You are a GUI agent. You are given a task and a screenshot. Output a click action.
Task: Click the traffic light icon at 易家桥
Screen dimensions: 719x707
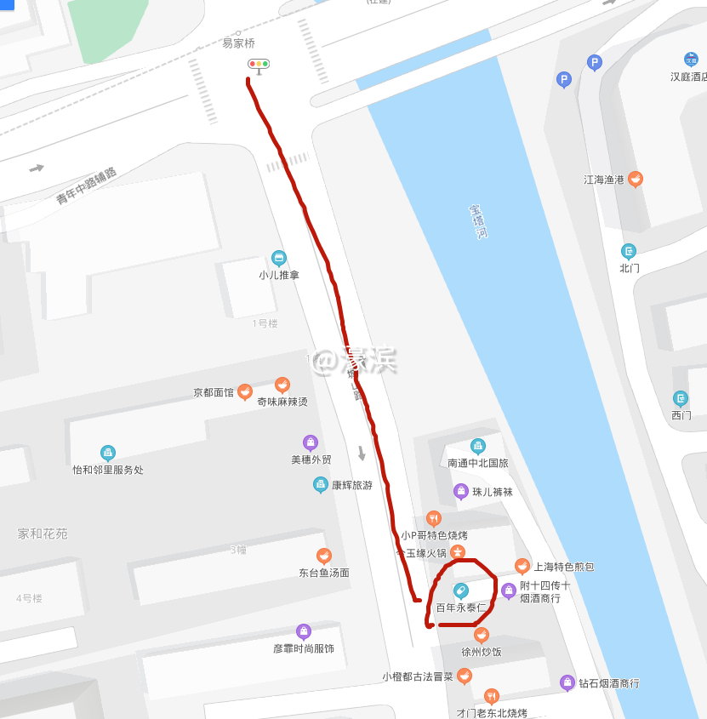pos(259,64)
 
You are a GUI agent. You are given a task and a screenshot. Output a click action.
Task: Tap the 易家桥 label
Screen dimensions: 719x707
pos(238,43)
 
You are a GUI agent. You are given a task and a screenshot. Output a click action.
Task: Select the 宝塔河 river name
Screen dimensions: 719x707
pos(479,221)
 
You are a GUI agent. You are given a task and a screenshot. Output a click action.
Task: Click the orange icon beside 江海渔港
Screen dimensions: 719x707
pos(635,180)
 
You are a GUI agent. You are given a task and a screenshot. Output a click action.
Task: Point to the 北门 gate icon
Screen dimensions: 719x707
pos(629,251)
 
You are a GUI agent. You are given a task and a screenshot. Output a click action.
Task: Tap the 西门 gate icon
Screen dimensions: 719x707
pos(681,398)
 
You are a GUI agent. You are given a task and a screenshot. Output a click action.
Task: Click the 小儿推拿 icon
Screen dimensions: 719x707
pos(278,259)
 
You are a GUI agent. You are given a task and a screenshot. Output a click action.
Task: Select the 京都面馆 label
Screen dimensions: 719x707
pos(213,393)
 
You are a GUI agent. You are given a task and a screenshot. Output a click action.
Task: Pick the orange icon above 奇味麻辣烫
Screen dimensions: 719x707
pos(282,385)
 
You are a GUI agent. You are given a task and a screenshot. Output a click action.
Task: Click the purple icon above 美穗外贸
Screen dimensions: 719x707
pos(311,442)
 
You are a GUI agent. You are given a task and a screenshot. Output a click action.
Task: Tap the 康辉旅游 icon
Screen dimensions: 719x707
pos(321,485)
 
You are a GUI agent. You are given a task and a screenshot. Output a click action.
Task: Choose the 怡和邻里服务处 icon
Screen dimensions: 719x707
pos(108,453)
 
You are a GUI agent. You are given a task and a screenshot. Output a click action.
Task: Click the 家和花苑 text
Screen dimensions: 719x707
pos(43,534)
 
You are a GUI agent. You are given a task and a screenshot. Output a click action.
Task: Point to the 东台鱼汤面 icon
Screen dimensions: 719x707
pos(323,556)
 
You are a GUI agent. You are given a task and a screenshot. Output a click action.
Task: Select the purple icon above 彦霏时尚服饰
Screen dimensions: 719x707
pos(303,631)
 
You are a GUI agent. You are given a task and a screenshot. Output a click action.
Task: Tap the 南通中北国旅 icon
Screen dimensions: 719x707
pos(477,446)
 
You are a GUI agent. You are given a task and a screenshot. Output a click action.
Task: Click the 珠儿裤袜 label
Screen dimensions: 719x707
pos(493,492)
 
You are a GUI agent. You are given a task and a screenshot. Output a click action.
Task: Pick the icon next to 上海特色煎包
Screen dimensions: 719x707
pos(522,566)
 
